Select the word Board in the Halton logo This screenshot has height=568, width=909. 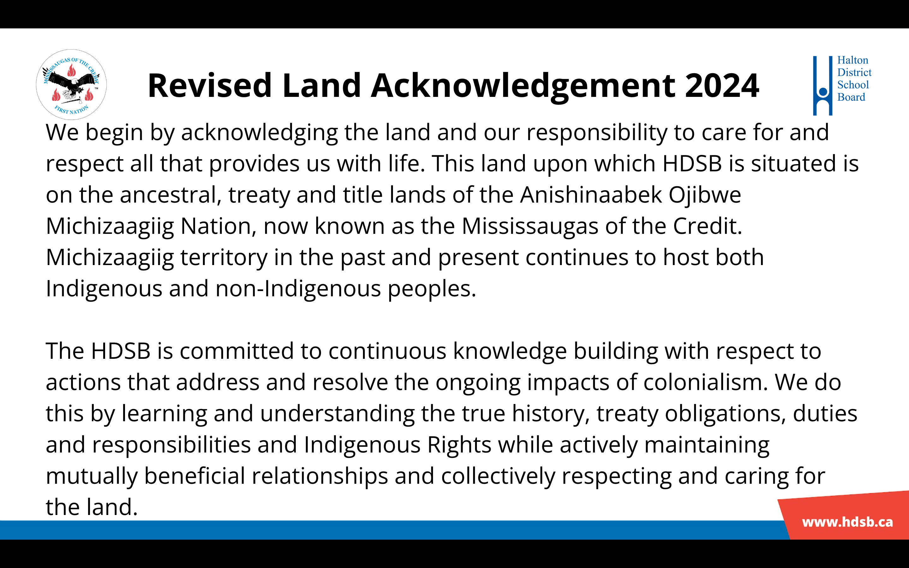851,97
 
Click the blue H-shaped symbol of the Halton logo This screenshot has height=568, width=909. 823,86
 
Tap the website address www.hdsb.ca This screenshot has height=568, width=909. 847,522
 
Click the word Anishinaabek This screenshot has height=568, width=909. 591,195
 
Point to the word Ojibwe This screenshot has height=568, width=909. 705,195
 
